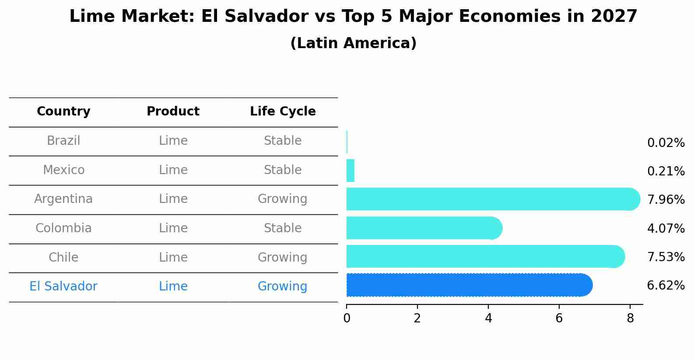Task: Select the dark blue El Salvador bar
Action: [x=468, y=285]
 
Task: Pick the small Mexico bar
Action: [x=350, y=171]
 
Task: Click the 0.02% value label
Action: [x=666, y=143]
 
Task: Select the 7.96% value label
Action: [x=666, y=200]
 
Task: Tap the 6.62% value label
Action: [x=666, y=286]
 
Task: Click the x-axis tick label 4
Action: [x=488, y=318]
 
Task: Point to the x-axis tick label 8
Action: [x=630, y=318]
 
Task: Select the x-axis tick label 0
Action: [x=347, y=318]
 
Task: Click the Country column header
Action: [x=63, y=112]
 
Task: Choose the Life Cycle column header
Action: [x=283, y=112]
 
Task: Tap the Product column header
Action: [x=173, y=112]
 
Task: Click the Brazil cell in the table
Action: [x=63, y=141]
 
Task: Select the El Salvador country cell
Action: [x=63, y=287]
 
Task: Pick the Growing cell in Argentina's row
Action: [x=282, y=199]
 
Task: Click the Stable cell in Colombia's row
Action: [x=282, y=228]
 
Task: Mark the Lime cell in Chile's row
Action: [x=173, y=257]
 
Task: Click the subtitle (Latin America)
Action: [x=353, y=43]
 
